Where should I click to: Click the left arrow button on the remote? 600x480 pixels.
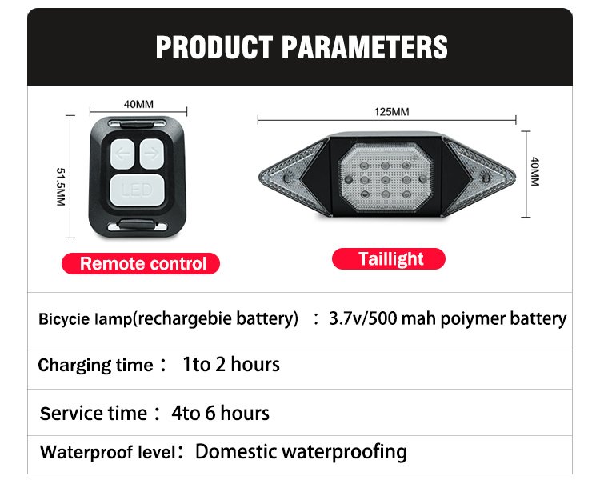122,154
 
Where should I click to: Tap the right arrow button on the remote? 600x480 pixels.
152,154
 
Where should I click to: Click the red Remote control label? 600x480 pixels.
141,264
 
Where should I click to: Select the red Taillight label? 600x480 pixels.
389,258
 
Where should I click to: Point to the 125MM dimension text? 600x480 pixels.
391,112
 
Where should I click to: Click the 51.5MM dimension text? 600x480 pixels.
61,186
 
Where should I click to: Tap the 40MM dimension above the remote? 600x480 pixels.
138,104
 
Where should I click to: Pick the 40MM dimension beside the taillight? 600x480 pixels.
535,171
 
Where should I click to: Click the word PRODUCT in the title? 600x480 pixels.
214,47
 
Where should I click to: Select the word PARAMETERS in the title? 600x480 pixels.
365,47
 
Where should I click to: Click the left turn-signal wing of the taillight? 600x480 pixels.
293,178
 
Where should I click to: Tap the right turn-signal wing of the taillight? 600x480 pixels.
480,178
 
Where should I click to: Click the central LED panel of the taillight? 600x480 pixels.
386,178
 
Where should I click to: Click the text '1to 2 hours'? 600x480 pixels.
231,364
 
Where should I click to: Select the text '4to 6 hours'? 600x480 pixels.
221,413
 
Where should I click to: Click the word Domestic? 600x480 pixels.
236,452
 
